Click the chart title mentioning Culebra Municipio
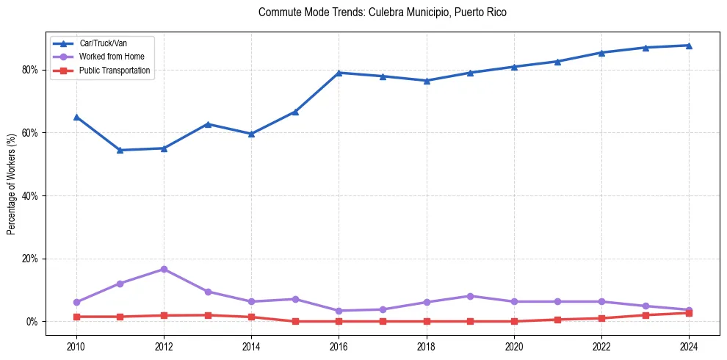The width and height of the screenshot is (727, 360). coord(382,12)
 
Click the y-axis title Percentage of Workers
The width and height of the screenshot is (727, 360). coord(12,184)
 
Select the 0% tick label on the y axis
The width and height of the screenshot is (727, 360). coord(32,322)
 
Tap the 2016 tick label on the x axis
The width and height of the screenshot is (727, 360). coord(339,346)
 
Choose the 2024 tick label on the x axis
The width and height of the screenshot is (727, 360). coord(689,346)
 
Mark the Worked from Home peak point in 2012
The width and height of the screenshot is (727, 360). coord(164,269)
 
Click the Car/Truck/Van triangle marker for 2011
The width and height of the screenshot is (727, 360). coord(120,150)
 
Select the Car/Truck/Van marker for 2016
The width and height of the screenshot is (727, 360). coord(339,73)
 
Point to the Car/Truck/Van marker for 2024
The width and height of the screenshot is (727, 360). coord(689,46)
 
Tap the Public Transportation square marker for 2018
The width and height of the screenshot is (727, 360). coord(426,321)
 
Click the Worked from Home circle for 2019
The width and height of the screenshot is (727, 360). coord(470,296)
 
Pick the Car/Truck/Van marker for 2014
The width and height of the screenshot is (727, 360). coord(251,134)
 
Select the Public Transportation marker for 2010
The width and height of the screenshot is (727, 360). coord(76,317)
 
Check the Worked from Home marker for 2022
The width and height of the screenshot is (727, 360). coord(601,301)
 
